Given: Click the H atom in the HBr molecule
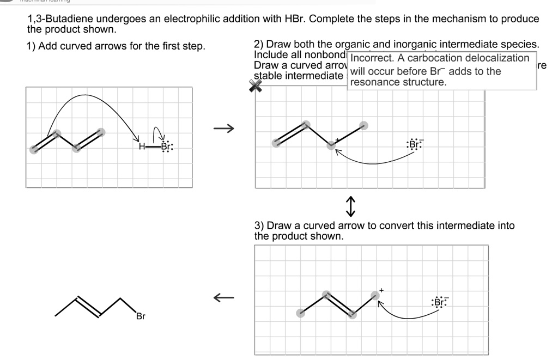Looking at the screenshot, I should tap(141, 147).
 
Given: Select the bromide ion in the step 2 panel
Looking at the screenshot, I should tap(414, 144).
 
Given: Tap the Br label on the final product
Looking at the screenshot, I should tap(141, 316).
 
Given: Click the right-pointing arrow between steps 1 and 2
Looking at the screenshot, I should tap(223, 129).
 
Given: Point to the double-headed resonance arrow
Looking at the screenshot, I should tap(351, 206).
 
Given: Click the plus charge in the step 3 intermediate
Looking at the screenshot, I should tap(381, 290).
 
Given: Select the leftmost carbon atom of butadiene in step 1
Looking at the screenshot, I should tap(34, 149).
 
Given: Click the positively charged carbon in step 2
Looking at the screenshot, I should tap(331, 145).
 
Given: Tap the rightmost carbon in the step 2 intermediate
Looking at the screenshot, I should tap(364, 125).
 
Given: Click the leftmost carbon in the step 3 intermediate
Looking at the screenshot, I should tap(300, 313).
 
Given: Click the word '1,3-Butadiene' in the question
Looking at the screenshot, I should tap(60, 19).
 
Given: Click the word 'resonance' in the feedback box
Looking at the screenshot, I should tap(375, 82).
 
